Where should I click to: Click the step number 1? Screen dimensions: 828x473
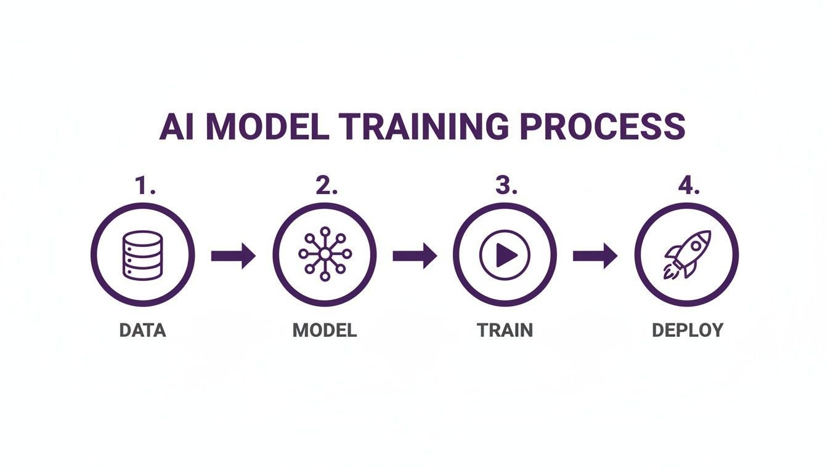pos(145,185)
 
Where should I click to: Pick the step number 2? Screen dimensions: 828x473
pos(327,185)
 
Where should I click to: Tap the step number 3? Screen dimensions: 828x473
pos(506,185)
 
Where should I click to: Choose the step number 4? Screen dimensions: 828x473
pos(689,185)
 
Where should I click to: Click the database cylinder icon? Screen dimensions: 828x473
pos(142,254)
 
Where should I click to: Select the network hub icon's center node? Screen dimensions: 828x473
pos(325,254)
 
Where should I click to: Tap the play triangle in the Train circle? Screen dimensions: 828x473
pos(506,255)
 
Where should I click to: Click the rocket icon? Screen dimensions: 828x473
pos(687,255)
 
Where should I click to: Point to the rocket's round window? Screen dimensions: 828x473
pos(696,245)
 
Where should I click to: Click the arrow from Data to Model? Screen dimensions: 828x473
pos(233,256)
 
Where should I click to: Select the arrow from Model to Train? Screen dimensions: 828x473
pos(415,256)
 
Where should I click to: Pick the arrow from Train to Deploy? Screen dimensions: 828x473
pos(595,256)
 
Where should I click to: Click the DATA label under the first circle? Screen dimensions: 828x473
pos(143,330)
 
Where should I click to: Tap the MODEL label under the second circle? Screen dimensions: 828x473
pos(325,330)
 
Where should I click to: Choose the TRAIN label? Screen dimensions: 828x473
pos(505,330)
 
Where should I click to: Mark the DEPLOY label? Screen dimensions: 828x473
pos(688,330)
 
